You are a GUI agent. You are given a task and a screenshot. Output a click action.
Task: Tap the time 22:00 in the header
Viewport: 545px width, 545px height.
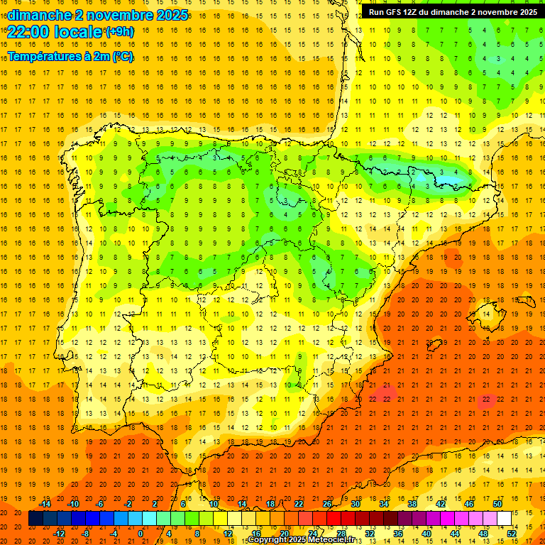pos(30,31)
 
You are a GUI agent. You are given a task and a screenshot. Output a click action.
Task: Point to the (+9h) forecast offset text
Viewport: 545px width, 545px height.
pos(119,32)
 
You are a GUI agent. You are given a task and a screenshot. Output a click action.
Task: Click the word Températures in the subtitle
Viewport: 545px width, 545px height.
pos(44,57)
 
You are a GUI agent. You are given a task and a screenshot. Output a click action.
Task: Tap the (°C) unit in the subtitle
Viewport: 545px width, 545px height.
pos(122,57)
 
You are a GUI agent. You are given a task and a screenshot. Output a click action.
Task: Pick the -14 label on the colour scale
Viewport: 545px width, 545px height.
pos(45,504)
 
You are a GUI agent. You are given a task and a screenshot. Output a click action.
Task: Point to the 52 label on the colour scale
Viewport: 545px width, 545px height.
pos(512,534)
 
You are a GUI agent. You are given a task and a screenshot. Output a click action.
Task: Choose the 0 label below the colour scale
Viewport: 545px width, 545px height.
pos(141,534)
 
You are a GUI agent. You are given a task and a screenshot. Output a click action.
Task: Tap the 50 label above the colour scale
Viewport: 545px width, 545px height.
pos(497,504)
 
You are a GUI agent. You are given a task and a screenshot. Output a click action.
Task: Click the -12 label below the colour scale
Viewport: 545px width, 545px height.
pos(59,534)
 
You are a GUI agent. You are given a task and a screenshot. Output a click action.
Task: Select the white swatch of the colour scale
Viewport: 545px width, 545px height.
pos(504,519)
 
